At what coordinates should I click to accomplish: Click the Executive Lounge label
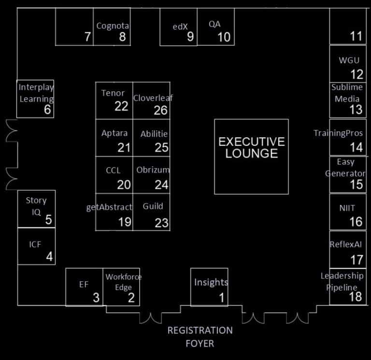pos(251,147)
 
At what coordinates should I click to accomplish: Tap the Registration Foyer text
pos(200,337)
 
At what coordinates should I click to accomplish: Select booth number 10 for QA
pos(224,37)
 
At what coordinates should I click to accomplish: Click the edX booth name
pos(180,27)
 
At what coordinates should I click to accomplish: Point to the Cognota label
pos(113,26)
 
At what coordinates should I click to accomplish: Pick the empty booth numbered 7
pos(87,37)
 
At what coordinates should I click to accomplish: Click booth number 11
pos(356,36)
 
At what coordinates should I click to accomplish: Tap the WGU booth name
pos(349,60)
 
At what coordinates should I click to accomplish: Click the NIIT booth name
pos(347,208)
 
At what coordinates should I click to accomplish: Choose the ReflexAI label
pos(345,245)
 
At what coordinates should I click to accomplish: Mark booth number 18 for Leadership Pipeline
pos(356,296)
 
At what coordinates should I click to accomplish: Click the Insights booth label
pos(211,282)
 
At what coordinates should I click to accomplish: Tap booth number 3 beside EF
pos(96,298)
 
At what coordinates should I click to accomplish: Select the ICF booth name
pos(35,244)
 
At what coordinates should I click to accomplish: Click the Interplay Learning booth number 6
pos(47,110)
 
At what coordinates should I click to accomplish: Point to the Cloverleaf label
pos(153,98)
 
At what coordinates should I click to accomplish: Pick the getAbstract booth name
pos(109,207)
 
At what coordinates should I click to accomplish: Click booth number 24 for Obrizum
pos(161,184)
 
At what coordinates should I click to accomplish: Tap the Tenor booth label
pos(113,93)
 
